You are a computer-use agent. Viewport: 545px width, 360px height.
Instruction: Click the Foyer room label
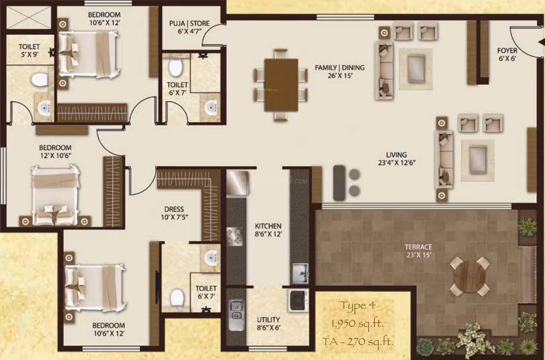507,54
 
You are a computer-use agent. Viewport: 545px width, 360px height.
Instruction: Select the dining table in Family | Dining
281,85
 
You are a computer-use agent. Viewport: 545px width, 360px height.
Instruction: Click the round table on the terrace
469,276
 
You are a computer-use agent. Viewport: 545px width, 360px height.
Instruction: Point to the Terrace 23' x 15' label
419,251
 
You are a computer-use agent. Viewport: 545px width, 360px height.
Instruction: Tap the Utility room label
268,323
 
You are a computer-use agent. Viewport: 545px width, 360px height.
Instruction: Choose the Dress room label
174,213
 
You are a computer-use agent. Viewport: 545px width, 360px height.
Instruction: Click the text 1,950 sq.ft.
358,323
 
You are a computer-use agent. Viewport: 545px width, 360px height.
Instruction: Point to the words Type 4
358,306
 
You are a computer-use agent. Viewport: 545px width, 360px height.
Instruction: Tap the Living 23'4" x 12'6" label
397,158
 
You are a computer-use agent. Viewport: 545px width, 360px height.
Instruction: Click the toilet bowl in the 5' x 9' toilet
39,79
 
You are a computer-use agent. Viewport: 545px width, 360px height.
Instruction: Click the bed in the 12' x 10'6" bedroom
55,196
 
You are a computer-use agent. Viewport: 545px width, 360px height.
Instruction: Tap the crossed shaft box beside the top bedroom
29,18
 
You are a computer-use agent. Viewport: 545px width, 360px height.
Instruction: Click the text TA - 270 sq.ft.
358,342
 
